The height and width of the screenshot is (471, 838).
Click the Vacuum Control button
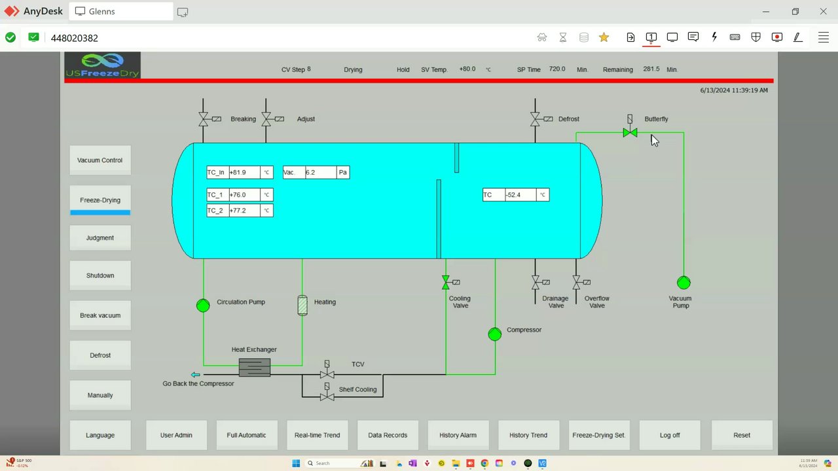[x=100, y=160]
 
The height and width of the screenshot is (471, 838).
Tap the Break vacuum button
[x=100, y=315]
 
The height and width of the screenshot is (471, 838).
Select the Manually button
[x=100, y=395]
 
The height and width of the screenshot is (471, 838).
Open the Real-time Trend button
[x=317, y=435]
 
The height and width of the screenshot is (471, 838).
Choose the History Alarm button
[x=458, y=435]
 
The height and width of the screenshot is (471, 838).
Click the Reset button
[x=742, y=435]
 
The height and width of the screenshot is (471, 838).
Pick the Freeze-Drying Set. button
[x=598, y=435]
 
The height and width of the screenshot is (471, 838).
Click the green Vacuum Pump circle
[x=683, y=283]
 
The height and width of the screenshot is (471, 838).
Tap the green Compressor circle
[x=495, y=334]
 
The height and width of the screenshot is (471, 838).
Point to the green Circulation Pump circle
[x=203, y=305]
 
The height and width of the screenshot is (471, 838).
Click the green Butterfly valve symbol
[x=630, y=133]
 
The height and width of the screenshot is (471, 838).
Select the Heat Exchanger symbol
[x=255, y=368]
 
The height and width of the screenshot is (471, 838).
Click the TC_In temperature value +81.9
[x=244, y=173]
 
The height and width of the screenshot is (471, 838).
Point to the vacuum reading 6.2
[x=319, y=173]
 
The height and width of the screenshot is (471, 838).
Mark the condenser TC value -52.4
[x=520, y=195]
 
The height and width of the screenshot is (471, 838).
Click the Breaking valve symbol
[x=204, y=119]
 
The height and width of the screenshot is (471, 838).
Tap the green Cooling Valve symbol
[x=446, y=283]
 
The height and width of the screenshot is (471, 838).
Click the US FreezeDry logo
[x=102, y=65]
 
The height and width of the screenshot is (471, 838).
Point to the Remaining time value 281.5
[x=651, y=69]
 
